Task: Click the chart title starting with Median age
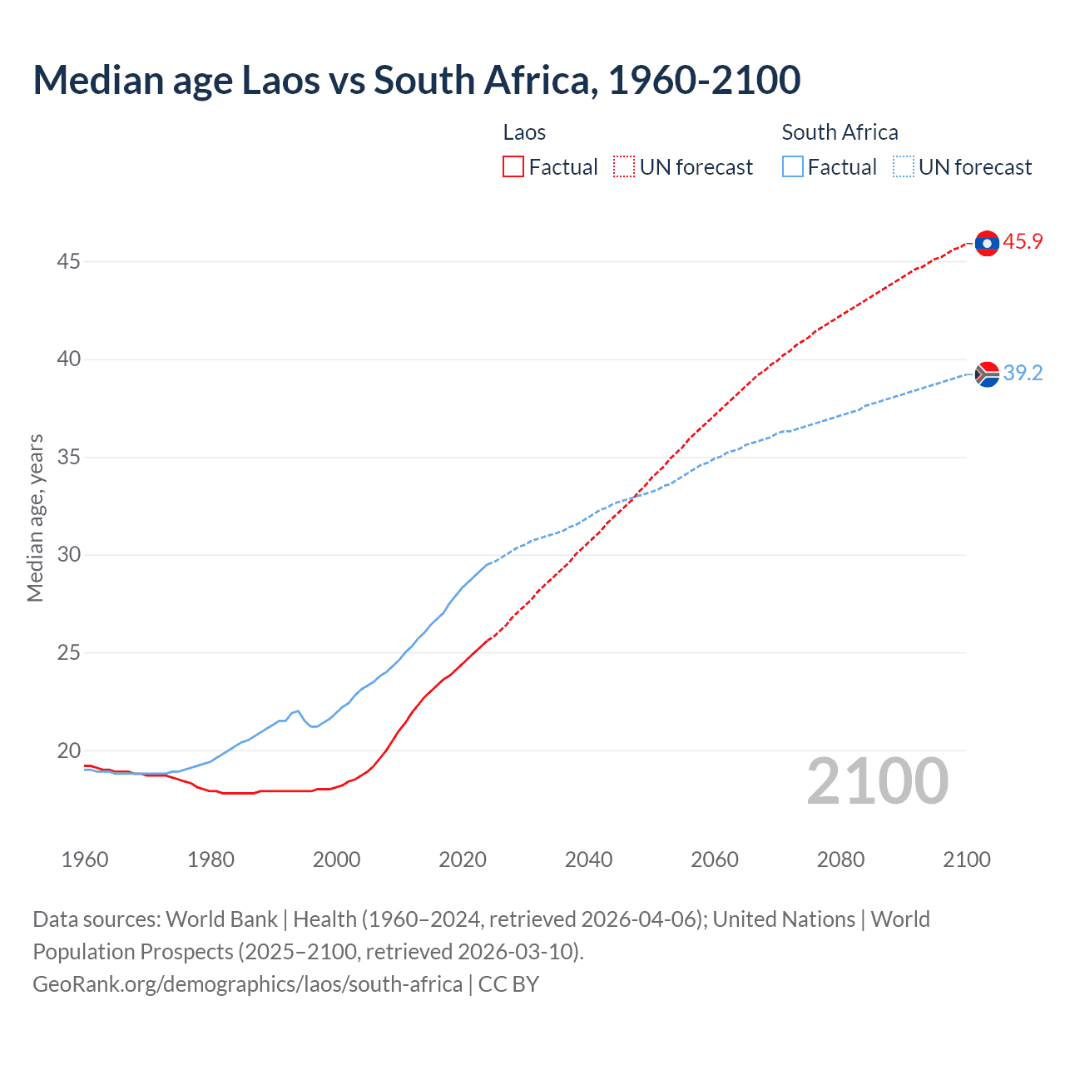(416, 80)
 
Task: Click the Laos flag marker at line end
(987, 243)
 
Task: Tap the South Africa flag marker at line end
(987, 374)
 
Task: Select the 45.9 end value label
(1023, 242)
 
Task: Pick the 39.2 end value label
(1023, 374)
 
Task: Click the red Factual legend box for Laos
(513, 167)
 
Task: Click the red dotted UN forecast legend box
(624, 167)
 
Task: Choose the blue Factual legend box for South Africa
(792, 167)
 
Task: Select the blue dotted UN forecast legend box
(903, 167)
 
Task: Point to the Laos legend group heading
(524, 132)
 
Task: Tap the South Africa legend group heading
(840, 132)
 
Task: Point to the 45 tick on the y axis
(68, 262)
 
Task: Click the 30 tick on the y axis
(68, 555)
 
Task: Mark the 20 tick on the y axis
(68, 750)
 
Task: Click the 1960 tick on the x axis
(85, 859)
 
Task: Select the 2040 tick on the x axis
(588, 859)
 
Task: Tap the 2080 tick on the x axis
(840, 859)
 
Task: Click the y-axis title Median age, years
(35, 518)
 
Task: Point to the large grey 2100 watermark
(877, 781)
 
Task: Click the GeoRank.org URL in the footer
(247, 984)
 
